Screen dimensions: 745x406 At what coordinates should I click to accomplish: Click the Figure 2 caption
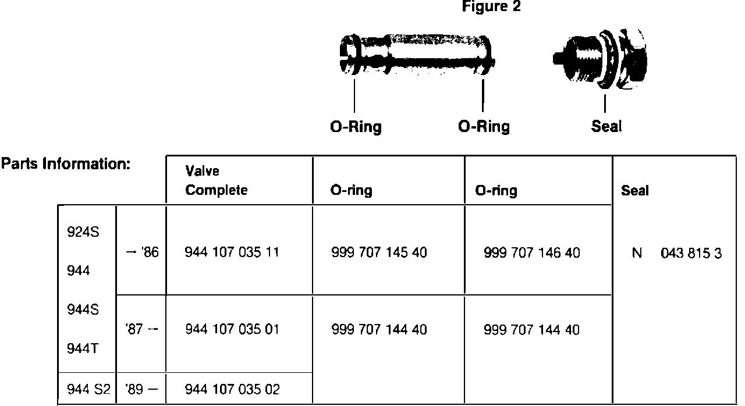(491, 8)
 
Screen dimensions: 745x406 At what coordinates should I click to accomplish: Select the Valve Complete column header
(216, 181)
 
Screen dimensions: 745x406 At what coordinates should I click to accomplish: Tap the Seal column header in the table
(634, 191)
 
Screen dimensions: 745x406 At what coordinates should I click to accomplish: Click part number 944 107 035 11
(232, 252)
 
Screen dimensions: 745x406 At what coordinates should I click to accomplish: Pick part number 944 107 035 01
(232, 330)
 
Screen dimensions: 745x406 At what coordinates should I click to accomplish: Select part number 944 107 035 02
(232, 388)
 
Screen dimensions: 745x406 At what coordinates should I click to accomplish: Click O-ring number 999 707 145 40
(379, 252)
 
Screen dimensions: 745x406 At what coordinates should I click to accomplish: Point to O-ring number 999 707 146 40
(531, 253)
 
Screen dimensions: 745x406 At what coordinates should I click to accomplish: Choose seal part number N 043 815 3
(676, 254)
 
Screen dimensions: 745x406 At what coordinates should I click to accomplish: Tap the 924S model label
(83, 234)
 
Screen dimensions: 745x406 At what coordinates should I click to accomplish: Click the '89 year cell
(140, 388)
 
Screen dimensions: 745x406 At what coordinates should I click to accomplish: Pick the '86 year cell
(141, 253)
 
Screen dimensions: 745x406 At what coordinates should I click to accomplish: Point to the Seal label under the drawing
(606, 126)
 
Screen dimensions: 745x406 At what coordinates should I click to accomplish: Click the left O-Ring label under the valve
(356, 126)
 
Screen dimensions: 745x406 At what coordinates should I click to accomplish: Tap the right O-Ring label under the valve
(484, 126)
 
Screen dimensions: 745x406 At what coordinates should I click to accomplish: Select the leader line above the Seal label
(606, 103)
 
